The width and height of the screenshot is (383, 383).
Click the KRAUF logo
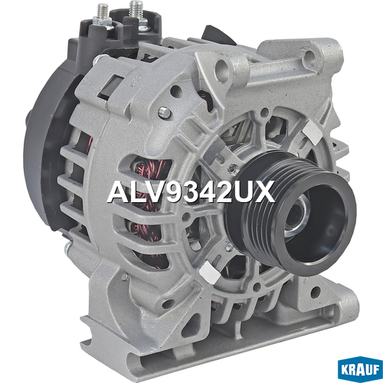pyautogui.click(x=360, y=370)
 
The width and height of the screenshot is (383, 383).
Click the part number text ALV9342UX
pyautogui.click(x=191, y=191)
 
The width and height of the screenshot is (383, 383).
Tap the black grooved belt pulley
pyautogui.click(x=291, y=209)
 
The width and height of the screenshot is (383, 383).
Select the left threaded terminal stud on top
pyautogui.click(x=103, y=14)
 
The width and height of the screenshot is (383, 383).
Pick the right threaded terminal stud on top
pyautogui.click(x=136, y=11)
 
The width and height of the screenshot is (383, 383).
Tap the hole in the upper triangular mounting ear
pyautogui.click(x=221, y=67)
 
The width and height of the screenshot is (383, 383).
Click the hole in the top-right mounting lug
pyautogui.click(x=309, y=54)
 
